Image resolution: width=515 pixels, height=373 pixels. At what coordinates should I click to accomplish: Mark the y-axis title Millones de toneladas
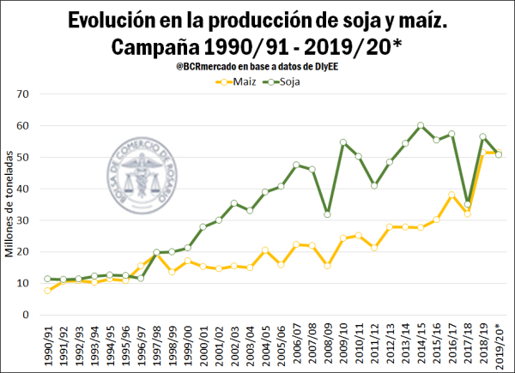tap(9, 205)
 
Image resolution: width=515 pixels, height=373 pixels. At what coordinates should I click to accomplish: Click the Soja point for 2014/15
tap(421, 125)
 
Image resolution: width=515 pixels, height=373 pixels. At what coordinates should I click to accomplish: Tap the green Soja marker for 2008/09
tap(327, 214)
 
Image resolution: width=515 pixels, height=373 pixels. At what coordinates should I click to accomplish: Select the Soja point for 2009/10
tap(342, 143)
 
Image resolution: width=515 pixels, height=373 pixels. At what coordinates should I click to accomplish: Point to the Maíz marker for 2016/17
tap(451, 196)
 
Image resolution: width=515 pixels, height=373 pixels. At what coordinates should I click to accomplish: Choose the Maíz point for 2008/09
tap(327, 266)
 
